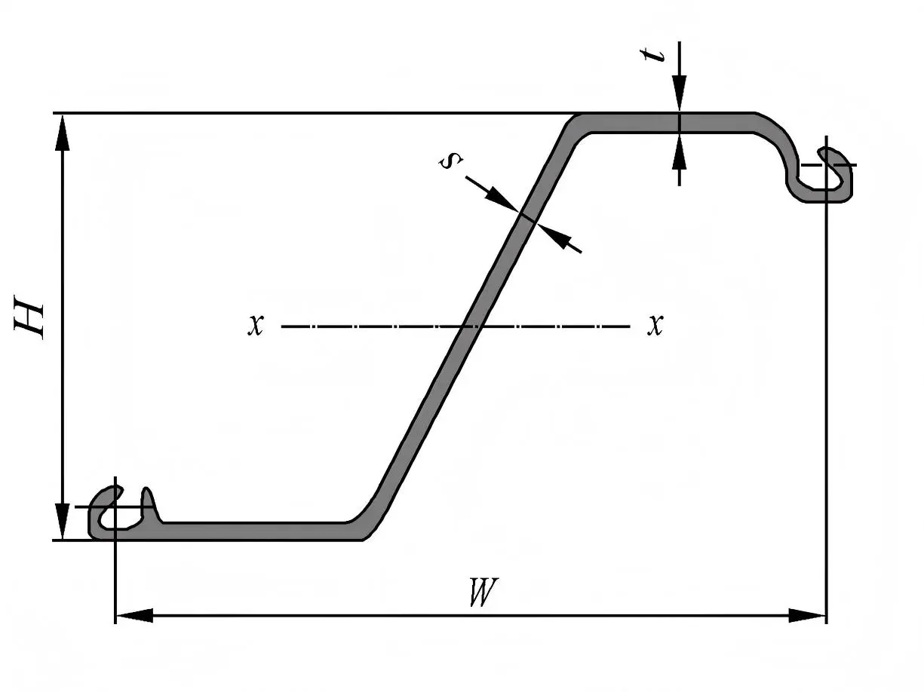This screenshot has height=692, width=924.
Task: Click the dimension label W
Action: point(483,593)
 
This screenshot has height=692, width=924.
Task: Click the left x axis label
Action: point(256,326)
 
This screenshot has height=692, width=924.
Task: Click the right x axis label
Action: point(655,326)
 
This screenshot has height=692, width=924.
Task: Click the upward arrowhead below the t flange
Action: point(680,151)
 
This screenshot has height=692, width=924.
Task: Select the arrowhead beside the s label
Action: point(500,199)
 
